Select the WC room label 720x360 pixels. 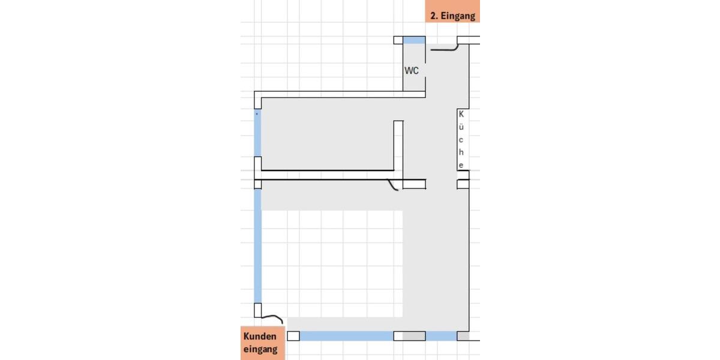click(412, 71)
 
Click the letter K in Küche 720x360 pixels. click(461, 113)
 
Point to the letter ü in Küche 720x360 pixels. click(461, 126)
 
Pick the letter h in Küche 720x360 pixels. click(461, 152)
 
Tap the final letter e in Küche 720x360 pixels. click(461, 165)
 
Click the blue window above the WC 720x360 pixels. click(414, 40)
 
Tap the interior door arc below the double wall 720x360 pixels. click(393, 187)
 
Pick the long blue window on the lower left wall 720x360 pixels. click(258, 246)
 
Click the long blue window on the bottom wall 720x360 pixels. click(346, 336)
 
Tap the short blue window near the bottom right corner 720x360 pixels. click(441, 336)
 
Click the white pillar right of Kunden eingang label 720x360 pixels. click(293, 336)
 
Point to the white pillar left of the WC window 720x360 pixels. click(398, 40)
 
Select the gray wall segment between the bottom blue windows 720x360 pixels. click(414, 336)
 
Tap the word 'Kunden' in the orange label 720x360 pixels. click(260, 337)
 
